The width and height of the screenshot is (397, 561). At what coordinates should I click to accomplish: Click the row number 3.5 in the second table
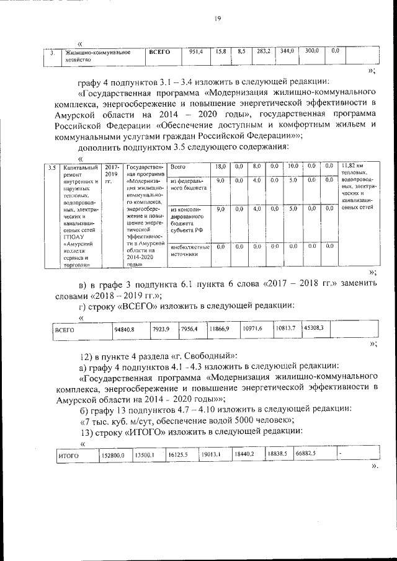click(53, 167)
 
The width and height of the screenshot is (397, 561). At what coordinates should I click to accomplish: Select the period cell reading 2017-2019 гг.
click(112, 170)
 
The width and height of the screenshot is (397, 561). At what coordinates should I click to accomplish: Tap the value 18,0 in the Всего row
click(219, 166)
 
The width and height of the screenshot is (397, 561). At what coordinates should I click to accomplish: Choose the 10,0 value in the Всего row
click(293, 166)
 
